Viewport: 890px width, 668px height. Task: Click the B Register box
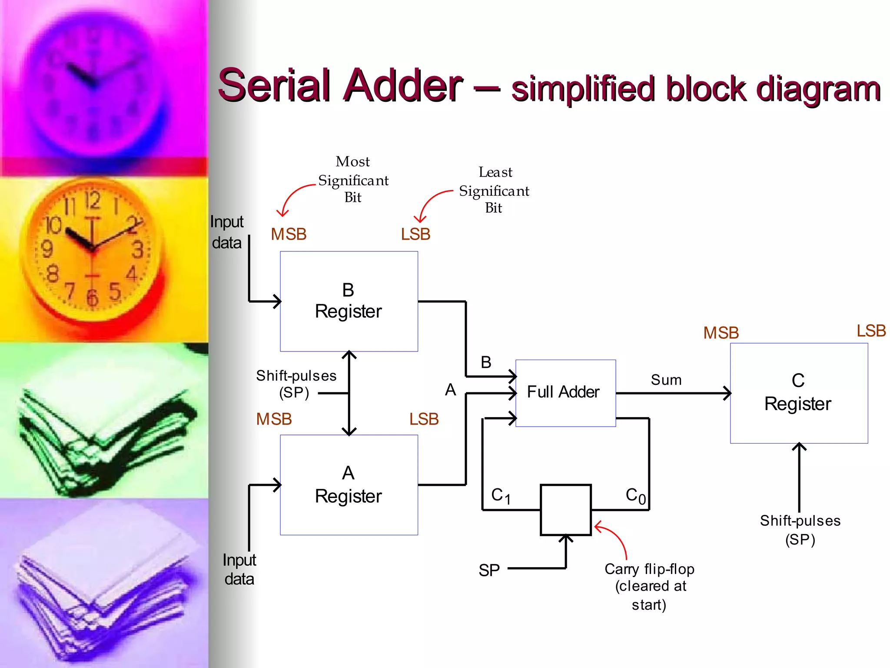349,301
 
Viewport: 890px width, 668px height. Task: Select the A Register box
349,484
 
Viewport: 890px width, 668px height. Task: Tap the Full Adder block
565,393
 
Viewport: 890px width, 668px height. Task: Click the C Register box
798,393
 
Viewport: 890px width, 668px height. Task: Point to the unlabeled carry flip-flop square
565,510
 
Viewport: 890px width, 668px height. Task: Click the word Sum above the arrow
666,380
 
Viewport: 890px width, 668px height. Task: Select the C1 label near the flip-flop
500,496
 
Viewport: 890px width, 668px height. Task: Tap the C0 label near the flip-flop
635,496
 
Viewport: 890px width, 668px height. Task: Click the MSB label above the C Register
721,333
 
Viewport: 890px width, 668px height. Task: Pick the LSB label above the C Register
871,331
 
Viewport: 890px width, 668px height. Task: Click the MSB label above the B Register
289,234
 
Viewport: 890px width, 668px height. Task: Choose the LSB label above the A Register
424,419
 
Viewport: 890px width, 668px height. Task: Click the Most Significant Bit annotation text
353,180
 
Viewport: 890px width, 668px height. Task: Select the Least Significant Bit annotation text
494,190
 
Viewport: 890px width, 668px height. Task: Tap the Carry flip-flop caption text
649,586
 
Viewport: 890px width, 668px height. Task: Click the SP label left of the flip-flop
489,570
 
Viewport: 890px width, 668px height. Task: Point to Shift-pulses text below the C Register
800,529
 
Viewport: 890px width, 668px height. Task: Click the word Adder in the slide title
403,86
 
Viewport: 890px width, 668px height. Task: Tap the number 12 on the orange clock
92,201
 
